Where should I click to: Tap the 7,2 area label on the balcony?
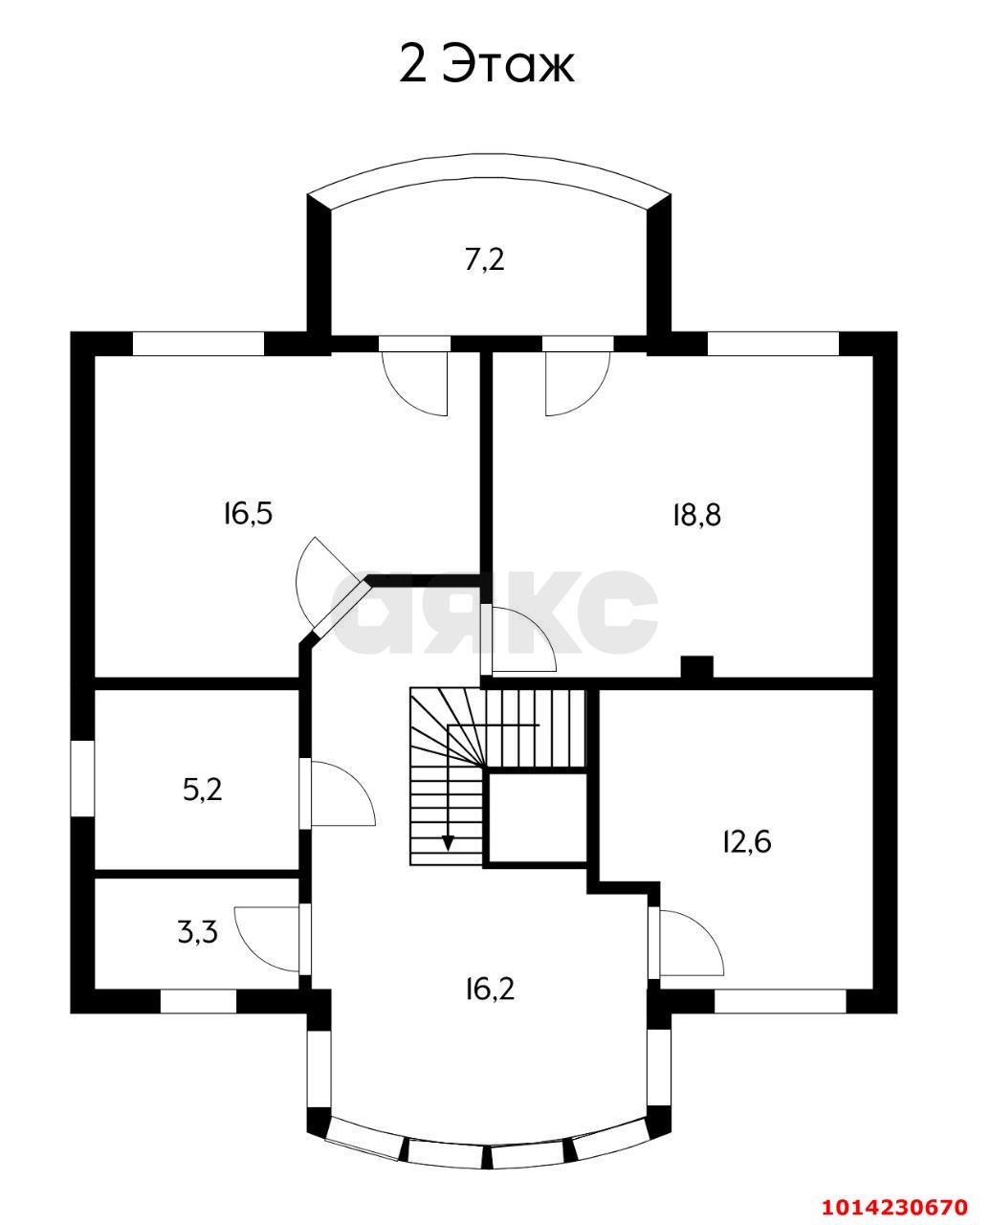click(484, 259)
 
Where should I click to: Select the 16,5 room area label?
click(248, 514)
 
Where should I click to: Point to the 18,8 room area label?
click(695, 515)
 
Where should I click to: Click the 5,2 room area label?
click(202, 790)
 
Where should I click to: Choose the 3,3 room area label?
click(198, 931)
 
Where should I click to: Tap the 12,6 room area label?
click(745, 841)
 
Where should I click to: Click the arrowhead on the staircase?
click(448, 842)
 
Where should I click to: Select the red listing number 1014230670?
click(896, 1204)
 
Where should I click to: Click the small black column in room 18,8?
click(696, 667)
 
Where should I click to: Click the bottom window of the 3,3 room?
click(197, 1001)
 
